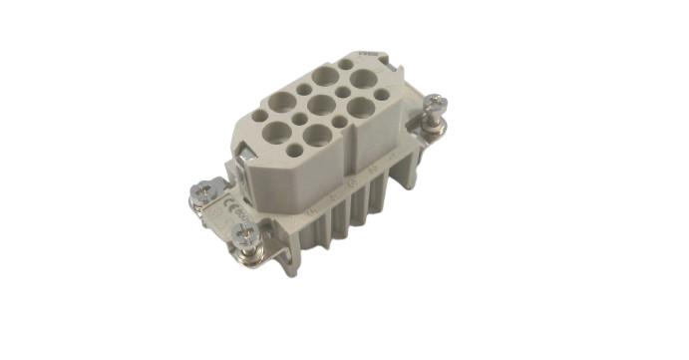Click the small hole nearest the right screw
[x=381, y=95]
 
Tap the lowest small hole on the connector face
[x=294, y=151]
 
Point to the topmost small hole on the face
[x=345, y=64]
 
